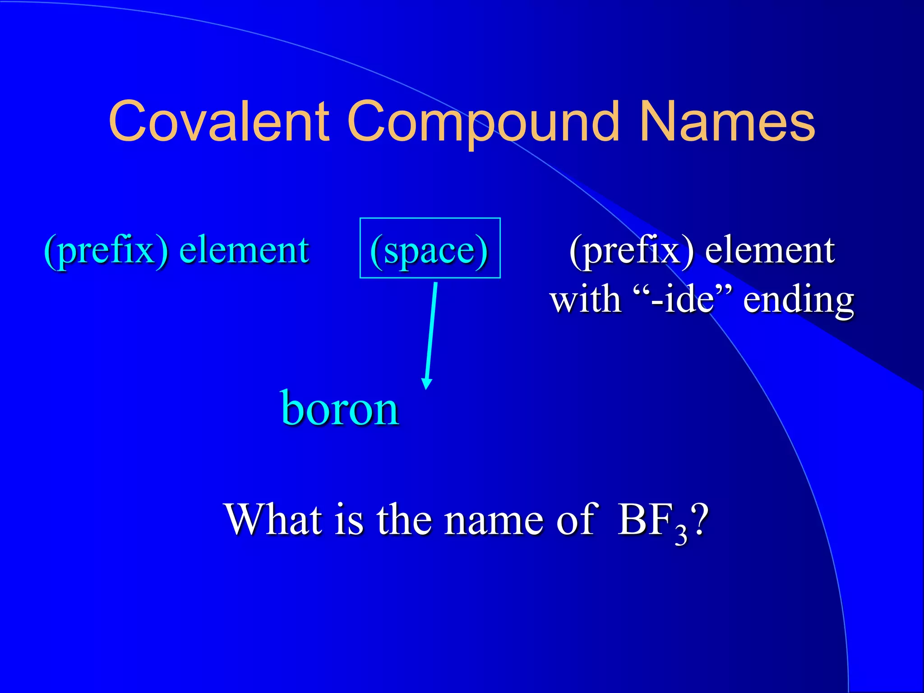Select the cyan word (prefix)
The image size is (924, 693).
pos(106,250)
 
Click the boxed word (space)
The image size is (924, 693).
pos(429,250)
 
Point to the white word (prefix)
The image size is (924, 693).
pos(632,250)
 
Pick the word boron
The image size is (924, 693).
pos(340,408)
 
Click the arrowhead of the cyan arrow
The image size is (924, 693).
pos(426,383)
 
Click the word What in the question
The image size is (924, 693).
pos(274,520)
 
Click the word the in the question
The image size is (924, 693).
pos(404,520)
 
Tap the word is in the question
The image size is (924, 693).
pos(349,520)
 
